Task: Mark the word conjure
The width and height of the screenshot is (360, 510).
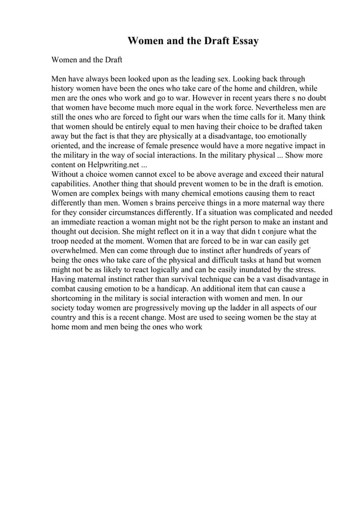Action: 264,231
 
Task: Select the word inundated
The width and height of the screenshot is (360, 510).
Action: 262,269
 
